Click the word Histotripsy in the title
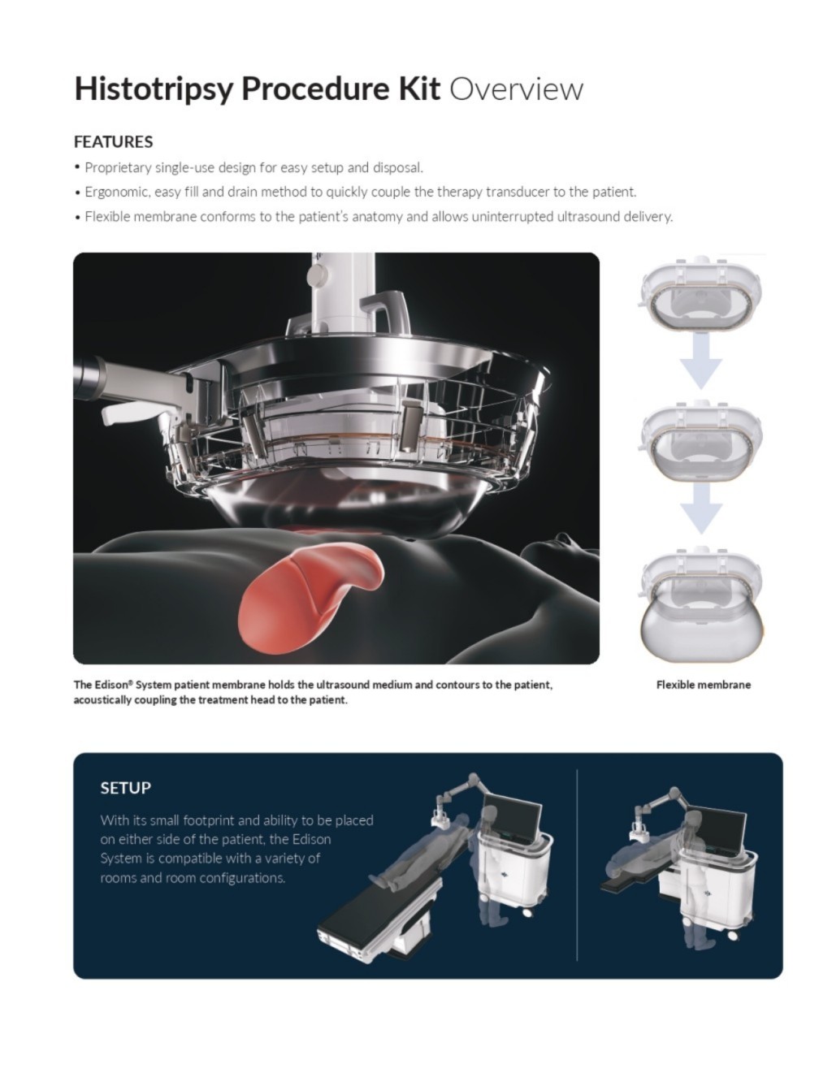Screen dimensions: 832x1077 click(x=154, y=89)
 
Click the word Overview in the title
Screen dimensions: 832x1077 click(x=516, y=89)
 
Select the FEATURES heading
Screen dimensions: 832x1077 click(x=114, y=142)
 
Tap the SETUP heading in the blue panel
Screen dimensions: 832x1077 click(x=125, y=788)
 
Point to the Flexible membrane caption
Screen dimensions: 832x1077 click(x=703, y=685)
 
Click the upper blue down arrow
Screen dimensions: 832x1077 click(x=700, y=361)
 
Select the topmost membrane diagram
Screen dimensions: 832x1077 click(x=700, y=295)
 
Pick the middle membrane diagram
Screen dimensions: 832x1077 click(x=700, y=441)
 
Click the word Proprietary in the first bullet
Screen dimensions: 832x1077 click(x=118, y=168)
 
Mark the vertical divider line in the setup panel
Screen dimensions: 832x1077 click(x=577, y=864)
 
